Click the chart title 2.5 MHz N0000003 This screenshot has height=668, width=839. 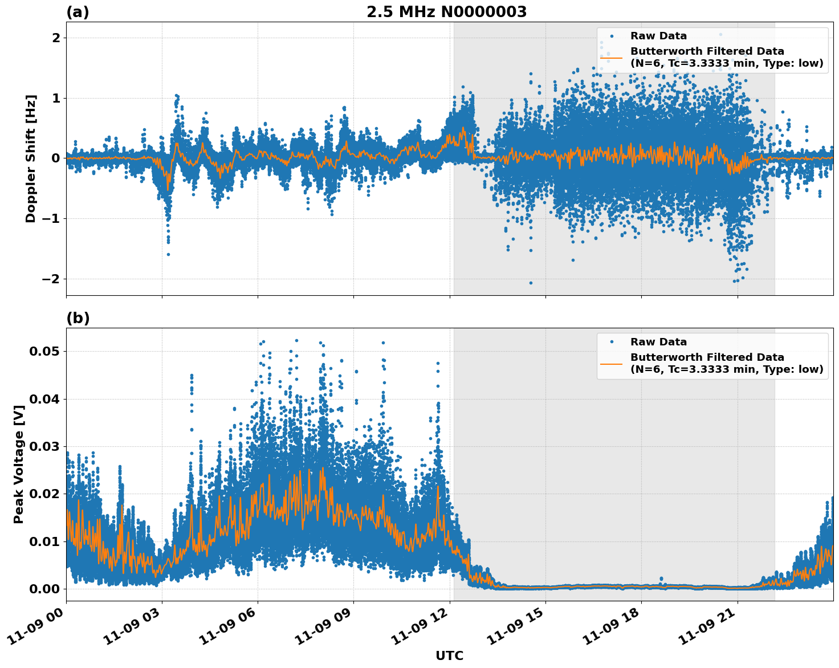tap(446, 12)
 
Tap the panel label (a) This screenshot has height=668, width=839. tap(78, 12)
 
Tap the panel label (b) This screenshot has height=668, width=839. tap(78, 318)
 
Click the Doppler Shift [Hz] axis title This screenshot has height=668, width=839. tap(31, 158)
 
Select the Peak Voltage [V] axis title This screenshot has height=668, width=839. tap(19, 476)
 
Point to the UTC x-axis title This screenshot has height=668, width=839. tap(449, 655)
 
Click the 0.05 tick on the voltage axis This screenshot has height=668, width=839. tap(44, 351)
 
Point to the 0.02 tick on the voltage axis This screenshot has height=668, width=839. tap(44, 494)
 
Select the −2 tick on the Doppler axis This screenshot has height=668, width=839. tap(48, 279)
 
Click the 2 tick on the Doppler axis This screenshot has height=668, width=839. tap(56, 38)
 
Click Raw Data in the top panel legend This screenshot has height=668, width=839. tap(658, 36)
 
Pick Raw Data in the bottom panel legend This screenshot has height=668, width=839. tap(658, 342)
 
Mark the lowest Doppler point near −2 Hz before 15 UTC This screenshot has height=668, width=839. tap(531, 283)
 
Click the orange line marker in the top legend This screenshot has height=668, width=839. tap(612, 57)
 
